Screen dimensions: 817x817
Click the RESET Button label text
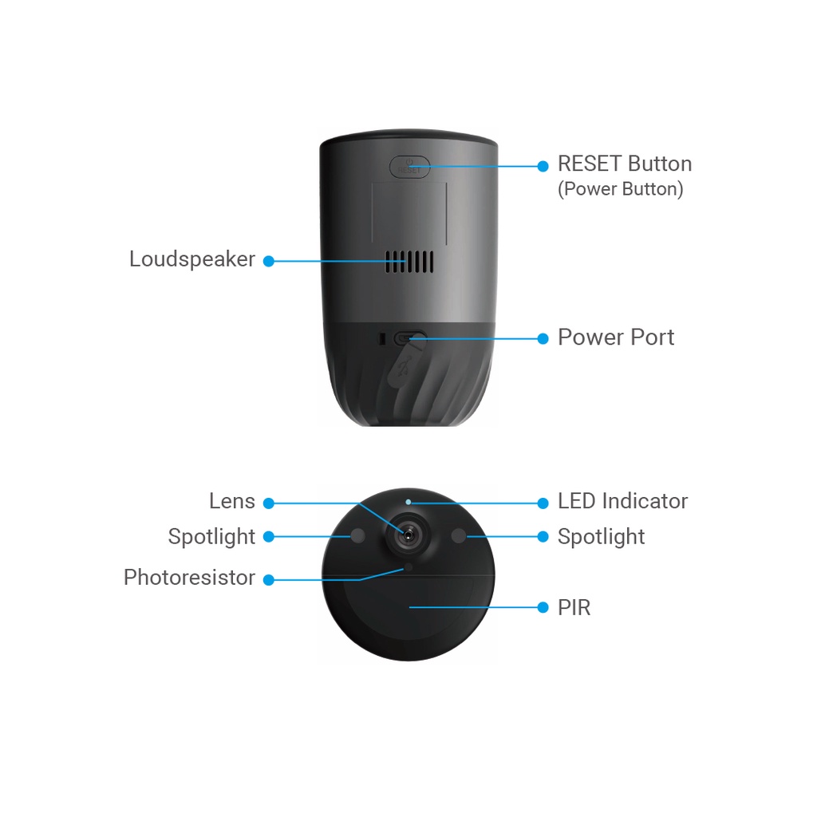pos(624,164)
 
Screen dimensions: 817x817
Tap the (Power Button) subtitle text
pos(620,190)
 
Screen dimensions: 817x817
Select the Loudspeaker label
pos(192,259)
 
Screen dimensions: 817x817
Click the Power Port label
pos(615,337)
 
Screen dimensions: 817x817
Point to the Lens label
pos(232,501)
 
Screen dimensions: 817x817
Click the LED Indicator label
pos(622,501)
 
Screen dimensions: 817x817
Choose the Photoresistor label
pos(189,578)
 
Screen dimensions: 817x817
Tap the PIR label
pos(574,608)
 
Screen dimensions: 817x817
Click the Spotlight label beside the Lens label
pos(211,537)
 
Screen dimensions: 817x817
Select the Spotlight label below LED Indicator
pos(601,537)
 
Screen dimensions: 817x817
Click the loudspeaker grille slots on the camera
pos(410,261)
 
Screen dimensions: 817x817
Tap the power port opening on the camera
pos(410,338)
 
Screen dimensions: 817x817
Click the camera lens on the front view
pos(408,536)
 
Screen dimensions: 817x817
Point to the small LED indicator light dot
pos(408,503)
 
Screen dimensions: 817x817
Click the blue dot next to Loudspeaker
pos(269,261)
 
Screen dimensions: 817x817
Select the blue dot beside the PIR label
pos(543,608)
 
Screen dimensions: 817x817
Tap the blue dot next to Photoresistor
pos(269,579)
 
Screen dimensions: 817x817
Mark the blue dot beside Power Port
pos(543,338)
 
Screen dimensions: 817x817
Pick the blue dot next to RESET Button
pos(543,166)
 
